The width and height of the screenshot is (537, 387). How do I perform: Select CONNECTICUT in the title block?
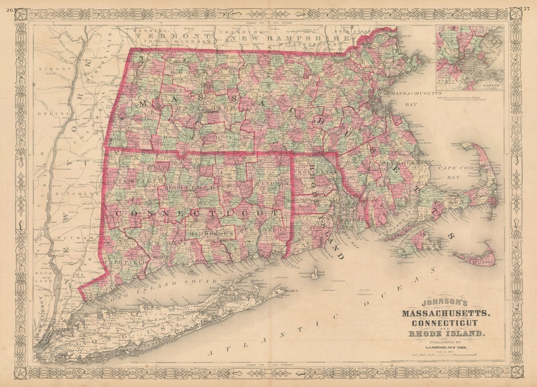[x=444, y=323]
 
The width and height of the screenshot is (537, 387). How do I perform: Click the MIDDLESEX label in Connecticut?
[x=211, y=235]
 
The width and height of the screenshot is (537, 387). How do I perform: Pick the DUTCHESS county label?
[x=71, y=194]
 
